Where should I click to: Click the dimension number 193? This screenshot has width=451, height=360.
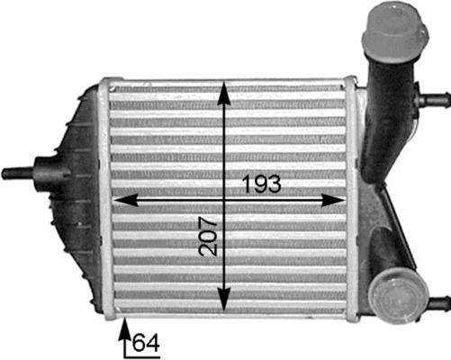[262, 184]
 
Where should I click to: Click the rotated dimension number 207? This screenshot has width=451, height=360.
[209, 235]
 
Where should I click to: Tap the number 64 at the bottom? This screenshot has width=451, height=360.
[145, 342]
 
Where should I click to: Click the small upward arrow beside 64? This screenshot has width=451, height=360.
[124, 334]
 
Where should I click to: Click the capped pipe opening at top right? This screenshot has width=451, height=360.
[392, 31]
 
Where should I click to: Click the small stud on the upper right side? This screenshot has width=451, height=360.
[437, 98]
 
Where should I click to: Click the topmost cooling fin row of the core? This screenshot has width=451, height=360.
[225, 90]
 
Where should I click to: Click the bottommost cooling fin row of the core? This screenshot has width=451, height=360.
[225, 307]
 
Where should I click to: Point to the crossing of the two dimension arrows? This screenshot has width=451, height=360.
[224, 199]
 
